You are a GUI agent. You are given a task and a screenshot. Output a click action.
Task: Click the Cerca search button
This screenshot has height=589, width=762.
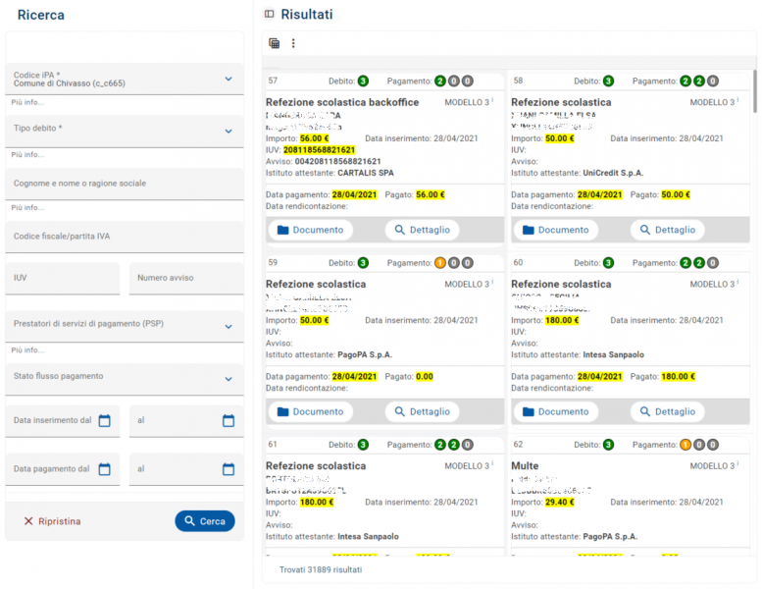[205, 521]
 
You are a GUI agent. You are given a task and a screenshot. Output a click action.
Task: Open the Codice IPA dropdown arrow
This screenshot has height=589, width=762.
[229, 79]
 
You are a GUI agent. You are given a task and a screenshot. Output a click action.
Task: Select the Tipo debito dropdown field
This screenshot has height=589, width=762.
[124, 130]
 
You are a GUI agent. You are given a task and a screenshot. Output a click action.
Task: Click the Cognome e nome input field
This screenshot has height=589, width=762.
[124, 184]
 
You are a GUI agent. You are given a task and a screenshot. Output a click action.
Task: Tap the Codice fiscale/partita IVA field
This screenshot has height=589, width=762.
[124, 237]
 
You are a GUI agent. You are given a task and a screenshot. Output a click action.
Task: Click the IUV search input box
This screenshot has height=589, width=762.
[63, 279]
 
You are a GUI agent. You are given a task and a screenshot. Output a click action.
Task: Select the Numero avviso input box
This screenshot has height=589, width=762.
[186, 279]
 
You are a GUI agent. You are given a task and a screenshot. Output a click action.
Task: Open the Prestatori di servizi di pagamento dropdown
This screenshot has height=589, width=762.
[124, 325]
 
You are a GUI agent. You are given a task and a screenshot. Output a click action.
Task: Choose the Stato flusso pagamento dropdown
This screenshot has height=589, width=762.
[124, 378]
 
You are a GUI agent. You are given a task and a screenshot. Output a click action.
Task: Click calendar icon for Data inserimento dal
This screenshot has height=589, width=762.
[104, 420]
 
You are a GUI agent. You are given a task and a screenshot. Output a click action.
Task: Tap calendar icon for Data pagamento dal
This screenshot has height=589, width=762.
[104, 469]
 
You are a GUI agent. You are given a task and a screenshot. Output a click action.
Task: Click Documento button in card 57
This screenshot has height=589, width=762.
[310, 230]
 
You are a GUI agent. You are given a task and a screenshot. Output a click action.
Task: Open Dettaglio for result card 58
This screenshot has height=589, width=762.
[667, 230]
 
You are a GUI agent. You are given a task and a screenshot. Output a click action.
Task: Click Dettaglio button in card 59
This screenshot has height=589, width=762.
[422, 411]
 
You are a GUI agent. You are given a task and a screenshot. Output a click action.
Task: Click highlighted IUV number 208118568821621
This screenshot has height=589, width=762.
[319, 150]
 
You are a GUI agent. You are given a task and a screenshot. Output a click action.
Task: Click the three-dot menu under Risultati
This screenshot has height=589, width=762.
[292, 43]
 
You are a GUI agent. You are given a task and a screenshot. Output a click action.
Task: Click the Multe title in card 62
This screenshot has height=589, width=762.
[525, 466]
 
